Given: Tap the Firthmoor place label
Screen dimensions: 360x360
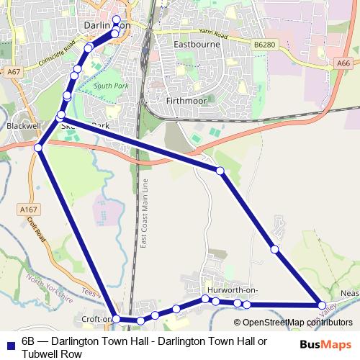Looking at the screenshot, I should pos(186,101).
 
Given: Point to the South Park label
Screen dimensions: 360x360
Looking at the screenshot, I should pos(107,86).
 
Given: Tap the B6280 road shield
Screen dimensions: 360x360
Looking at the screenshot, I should pos(264,45).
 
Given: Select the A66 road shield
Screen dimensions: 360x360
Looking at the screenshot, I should pos(344,63).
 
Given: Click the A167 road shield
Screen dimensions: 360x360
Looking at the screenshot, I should pos(24,209).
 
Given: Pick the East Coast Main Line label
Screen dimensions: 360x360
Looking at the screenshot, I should pos(144,214).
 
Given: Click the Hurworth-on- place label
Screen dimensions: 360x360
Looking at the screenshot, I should pos(230,289).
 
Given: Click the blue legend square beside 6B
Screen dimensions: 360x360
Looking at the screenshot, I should pos(9,344).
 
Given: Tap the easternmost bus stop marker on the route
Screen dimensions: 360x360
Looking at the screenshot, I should pos(322,305).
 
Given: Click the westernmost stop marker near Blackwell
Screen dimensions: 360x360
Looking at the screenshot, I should pos(38,148).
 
